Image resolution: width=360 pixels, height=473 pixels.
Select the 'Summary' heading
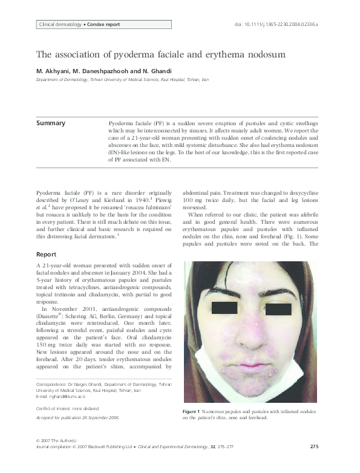(51, 123)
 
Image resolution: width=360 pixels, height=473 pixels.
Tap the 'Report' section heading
(47, 255)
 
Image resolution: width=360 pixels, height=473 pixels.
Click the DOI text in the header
(275, 25)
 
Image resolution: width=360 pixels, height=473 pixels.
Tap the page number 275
(314, 446)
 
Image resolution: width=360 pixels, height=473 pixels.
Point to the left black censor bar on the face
(225, 308)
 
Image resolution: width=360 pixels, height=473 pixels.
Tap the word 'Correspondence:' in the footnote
(51, 384)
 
